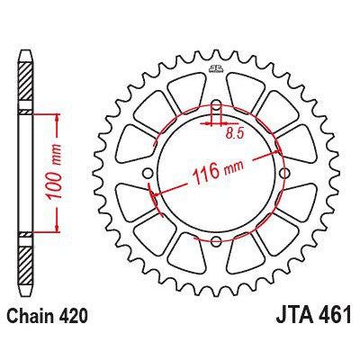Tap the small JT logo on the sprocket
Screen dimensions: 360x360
[217, 69]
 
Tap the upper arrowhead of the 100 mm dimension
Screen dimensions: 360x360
[58, 117]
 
